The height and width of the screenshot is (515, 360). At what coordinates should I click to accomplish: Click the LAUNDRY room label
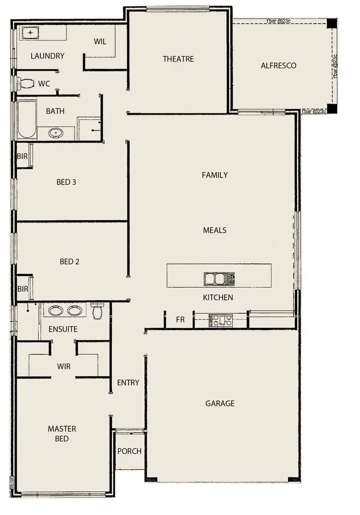(x=47, y=56)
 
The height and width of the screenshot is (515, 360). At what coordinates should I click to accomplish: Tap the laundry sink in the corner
(x=30, y=33)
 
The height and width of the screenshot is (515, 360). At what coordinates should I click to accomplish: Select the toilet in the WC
(x=26, y=84)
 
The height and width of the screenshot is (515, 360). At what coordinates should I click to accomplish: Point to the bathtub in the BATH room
(x=27, y=120)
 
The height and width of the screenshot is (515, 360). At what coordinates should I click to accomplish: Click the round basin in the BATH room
(x=56, y=132)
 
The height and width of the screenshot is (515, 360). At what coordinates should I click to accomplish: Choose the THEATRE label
(x=178, y=59)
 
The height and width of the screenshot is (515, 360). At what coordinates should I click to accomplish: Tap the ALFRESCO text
(x=278, y=65)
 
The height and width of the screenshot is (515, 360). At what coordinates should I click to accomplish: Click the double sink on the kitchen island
(x=219, y=279)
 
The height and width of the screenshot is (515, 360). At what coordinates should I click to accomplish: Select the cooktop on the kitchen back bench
(x=221, y=320)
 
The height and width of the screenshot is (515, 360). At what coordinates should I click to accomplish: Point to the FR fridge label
(x=180, y=319)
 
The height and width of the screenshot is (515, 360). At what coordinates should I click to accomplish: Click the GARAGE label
(x=220, y=403)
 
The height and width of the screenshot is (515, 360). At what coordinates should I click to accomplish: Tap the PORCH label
(x=130, y=451)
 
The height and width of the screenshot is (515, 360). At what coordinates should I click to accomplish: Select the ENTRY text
(x=128, y=382)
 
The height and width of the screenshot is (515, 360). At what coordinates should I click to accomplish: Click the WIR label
(x=64, y=366)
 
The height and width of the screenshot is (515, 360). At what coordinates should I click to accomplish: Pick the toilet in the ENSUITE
(x=97, y=311)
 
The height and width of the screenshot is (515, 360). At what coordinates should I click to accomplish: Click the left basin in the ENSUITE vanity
(x=56, y=310)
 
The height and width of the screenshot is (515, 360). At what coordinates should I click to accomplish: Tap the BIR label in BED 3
(x=22, y=157)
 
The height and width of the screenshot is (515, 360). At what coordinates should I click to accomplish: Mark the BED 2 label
(x=70, y=261)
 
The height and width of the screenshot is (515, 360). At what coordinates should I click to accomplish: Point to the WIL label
(x=100, y=41)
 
